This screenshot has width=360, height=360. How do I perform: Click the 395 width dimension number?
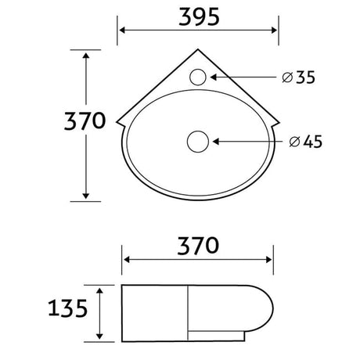[x=199, y=17]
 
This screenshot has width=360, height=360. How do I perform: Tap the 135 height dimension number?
[x=68, y=308]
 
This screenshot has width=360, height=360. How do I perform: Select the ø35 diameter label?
[x=299, y=77]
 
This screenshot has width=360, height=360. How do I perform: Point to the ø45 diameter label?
[x=306, y=142]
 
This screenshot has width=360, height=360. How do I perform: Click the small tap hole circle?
[x=198, y=77]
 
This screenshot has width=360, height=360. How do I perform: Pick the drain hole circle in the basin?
[x=198, y=142]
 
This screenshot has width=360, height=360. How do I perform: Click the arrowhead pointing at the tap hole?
[x=214, y=77]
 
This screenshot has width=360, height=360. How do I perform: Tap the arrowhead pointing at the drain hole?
[x=216, y=142]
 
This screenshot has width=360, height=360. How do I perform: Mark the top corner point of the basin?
[x=198, y=49]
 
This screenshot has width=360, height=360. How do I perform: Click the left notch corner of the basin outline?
[x=117, y=121]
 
